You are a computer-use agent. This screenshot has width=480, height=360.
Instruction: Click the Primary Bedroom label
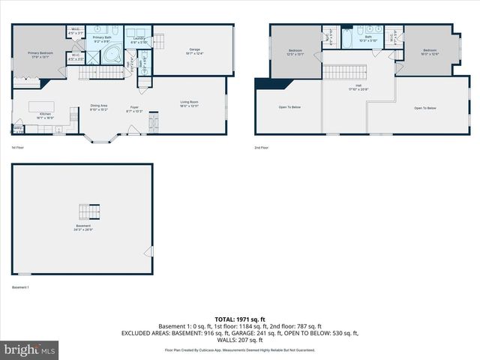click(40, 53)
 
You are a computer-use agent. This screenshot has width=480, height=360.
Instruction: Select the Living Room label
click(189, 103)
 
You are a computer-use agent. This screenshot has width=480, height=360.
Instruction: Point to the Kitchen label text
click(45, 116)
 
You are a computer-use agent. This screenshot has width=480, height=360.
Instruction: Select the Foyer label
click(135, 109)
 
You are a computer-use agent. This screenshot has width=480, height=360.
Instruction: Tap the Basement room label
click(82, 228)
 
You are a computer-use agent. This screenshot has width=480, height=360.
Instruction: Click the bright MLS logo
click(30, 349)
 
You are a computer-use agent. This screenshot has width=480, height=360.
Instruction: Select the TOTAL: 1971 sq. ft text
click(240, 319)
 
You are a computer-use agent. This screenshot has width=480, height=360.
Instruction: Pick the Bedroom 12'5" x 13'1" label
click(295, 52)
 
